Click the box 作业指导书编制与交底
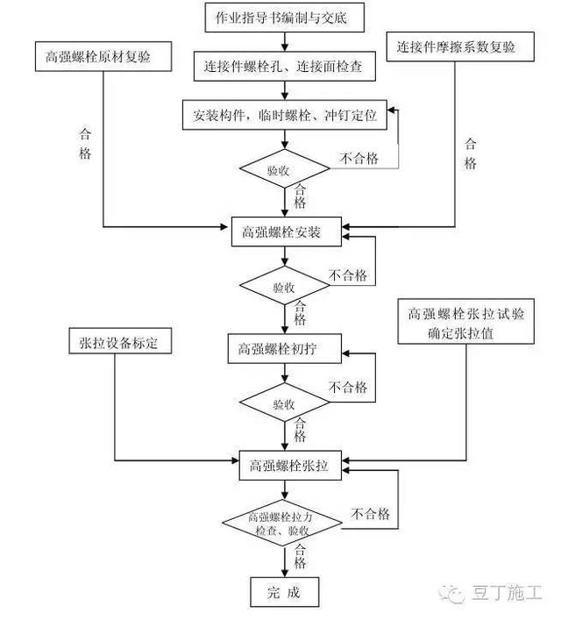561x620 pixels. click(283, 17)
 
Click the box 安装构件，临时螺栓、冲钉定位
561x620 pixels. click(283, 115)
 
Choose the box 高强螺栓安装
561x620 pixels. click(283, 232)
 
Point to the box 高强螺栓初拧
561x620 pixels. click(283, 348)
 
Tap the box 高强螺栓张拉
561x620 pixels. click(283, 467)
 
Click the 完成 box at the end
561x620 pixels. click(283, 592)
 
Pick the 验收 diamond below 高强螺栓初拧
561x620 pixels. click(283, 404)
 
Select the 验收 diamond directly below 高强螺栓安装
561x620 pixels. click(283, 287)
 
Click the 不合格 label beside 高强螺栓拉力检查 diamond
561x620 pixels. click(372, 514)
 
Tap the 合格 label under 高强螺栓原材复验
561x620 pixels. click(85, 144)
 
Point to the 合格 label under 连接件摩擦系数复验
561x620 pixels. click(471, 153)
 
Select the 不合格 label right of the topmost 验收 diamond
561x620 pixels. click(360, 158)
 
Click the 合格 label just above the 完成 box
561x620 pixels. click(301, 557)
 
